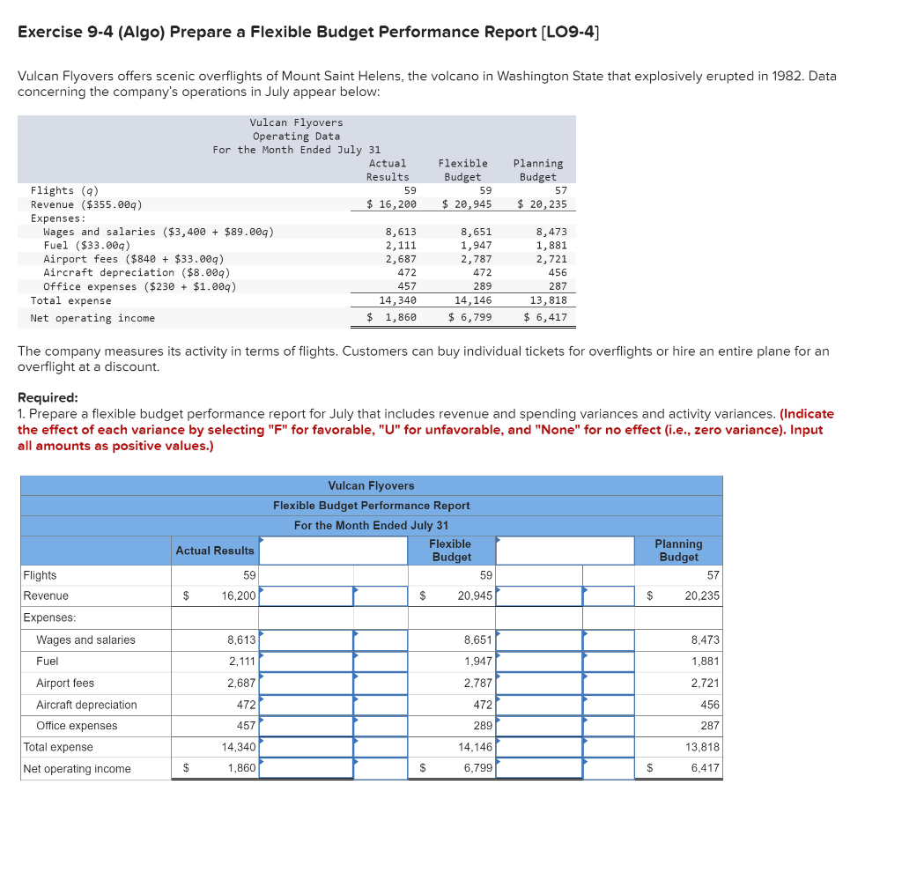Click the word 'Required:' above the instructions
click(48, 397)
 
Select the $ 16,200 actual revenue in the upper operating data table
click(391, 204)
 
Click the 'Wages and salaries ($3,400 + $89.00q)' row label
click(159, 232)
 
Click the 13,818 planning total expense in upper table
click(546, 300)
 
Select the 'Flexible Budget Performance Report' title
click(371, 506)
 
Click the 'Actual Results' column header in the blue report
click(215, 551)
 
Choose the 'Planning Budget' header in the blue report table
click(678, 551)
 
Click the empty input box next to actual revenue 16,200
click(306, 596)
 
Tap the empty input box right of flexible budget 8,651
click(539, 640)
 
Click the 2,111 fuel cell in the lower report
click(241, 662)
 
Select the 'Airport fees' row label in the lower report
click(65, 684)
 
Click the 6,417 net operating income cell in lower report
click(705, 768)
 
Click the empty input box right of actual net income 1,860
click(306, 768)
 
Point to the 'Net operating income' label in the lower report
click(77, 769)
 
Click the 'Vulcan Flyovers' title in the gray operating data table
click(296, 122)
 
